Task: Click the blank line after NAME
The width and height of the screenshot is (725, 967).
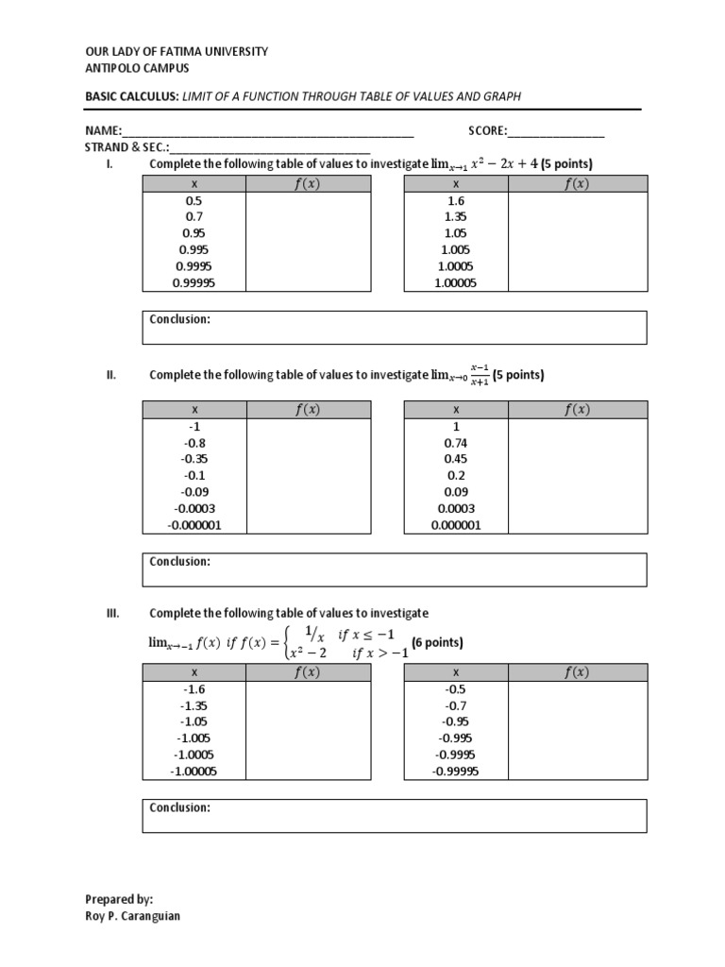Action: click(268, 131)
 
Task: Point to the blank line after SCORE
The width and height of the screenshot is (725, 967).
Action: click(556, 131)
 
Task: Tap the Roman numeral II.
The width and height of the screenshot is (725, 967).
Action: click(110, 375)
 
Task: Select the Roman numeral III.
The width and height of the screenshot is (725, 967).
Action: click(111, 613)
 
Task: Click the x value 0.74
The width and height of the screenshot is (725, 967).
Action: click(456, 442)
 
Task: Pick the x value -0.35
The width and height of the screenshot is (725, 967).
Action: click(194, 459)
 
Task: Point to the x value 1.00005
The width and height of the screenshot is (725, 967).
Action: click(456, 282)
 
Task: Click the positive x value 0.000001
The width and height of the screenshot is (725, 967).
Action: click(456, 525)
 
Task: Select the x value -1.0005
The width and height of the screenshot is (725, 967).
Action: click(194, 755)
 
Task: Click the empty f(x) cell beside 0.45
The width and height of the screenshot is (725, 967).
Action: click(577, 459)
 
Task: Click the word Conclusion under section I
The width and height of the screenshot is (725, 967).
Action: click(179, 319)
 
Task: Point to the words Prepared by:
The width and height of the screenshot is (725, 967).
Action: click(119, 900)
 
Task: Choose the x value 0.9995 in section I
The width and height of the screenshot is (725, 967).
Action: click(194, 266)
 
